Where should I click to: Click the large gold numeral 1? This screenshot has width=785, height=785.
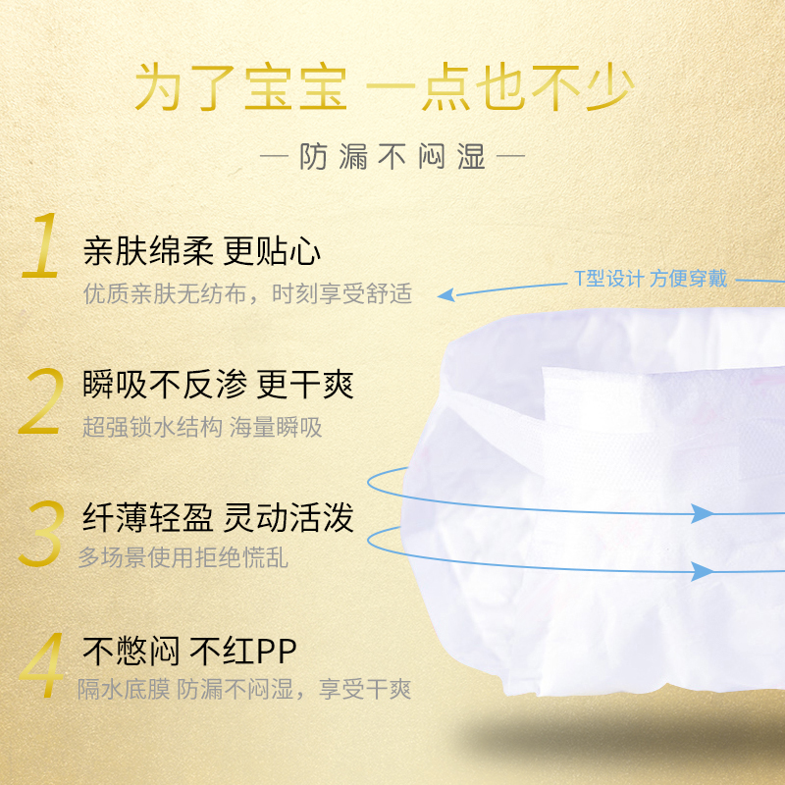pyautogui.click(x=42, y=248)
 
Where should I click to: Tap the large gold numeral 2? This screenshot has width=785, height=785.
pyautogui.click(x=41, y=402)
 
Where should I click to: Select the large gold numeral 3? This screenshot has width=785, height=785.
pyautogui.click(x=41, y=535)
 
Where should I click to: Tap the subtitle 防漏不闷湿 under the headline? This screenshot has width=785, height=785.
pyautogui.click(x=392, y=157)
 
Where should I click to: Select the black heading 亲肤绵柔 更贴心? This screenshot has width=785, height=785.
pyautogui.click(x=202, y=252)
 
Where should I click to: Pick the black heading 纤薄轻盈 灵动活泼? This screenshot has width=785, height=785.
pyautogui.click(x=218, y=518)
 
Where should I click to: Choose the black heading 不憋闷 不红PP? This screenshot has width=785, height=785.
pyautogui.click(x=189, y=651)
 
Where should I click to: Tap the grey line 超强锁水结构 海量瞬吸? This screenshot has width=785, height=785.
pyautogui.click(x=202, y=427)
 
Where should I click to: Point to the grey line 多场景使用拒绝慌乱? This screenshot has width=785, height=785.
pyautogui.click(x=183, y=558)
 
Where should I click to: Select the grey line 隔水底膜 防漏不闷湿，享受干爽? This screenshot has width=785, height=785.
pyautogui.click(x=245, y=690)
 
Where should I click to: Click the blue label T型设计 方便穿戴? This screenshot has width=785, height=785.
pyautogui.click(x=651, y=279)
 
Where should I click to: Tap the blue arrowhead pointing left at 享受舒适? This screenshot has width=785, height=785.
pyautogui.click(x=445, y=293)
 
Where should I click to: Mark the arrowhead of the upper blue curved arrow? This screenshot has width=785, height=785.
pyautogui.click(x=703, y=513)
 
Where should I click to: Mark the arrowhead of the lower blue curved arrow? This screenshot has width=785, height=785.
pyautogui.click(x=703, y=570)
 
